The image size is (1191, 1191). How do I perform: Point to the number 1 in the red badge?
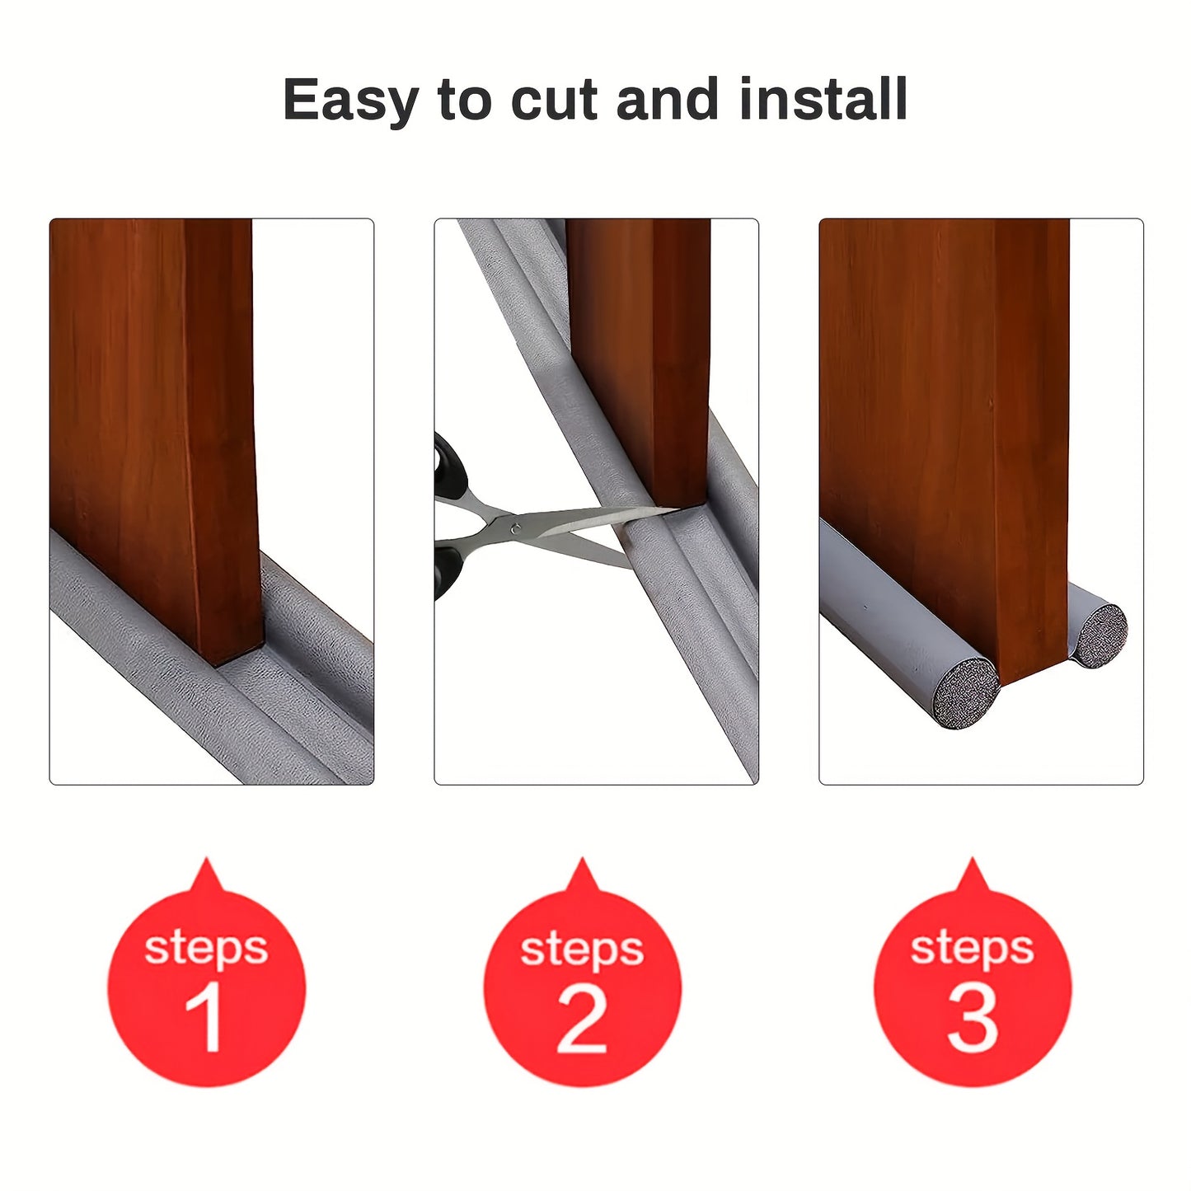(x=204, y=1017)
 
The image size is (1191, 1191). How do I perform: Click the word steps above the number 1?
(x=206, y=948)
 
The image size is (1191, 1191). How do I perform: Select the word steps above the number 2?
(x=582, y=950)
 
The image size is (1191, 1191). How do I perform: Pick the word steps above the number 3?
(x=973, y=948)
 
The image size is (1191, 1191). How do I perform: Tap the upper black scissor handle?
(x=450, y=467)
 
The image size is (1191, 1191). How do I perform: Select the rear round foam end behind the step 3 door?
(x=1101, y=635)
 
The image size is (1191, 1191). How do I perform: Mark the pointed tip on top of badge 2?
(x=583, y=862)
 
